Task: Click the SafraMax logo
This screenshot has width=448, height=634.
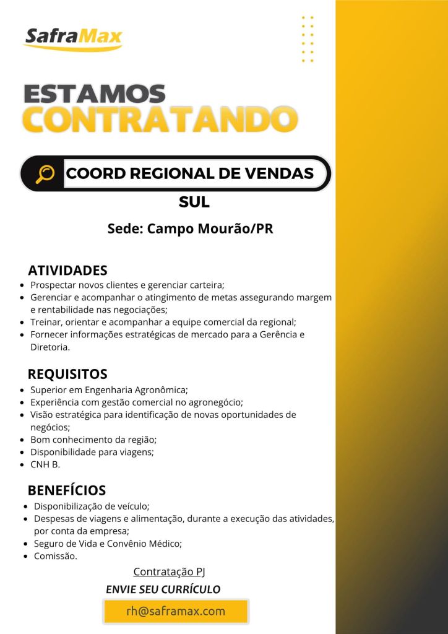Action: click(73, 39)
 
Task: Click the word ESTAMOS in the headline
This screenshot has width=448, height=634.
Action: click(95, 94)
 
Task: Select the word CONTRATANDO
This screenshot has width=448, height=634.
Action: click(159, 119)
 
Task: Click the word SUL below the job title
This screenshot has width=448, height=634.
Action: click(194, 202)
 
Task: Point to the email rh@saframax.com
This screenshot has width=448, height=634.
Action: click(176, 611)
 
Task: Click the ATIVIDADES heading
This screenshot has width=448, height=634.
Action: click(67, 271)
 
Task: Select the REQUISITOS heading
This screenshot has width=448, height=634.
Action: click(67, 374)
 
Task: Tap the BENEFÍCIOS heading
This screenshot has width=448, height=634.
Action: click(67, 490)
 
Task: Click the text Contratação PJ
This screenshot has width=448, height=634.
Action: click(169, 571)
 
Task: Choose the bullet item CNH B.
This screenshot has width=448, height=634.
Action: click(45, 464)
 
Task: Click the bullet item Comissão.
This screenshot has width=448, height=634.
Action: click(56, 556)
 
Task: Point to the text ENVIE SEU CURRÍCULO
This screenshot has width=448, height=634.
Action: click(163, 589)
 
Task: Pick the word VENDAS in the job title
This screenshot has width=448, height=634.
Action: click(282, 174)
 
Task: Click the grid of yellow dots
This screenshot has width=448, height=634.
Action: click(308, 39)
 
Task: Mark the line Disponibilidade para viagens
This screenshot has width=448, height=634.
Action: click(92, 452)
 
